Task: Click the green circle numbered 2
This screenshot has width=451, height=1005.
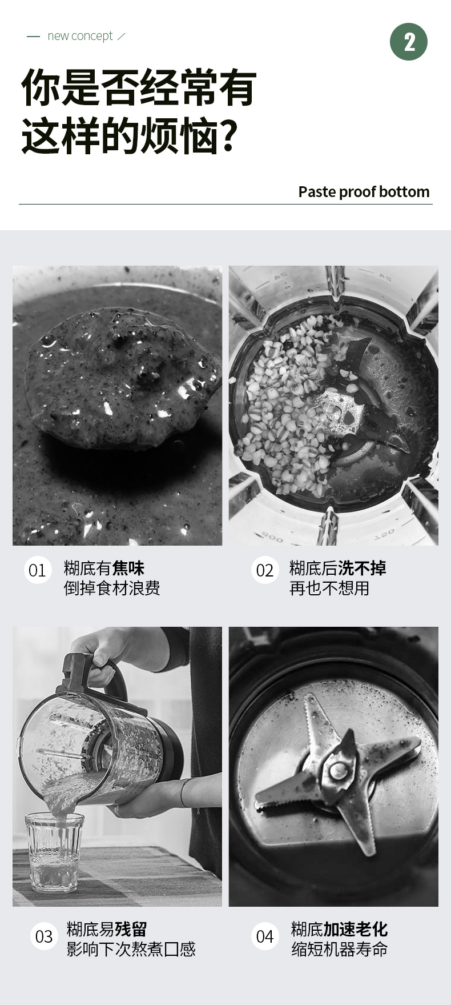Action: tap(409, 42)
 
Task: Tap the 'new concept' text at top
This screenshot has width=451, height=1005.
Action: tap(80, 36)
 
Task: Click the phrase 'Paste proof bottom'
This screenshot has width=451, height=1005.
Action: tap(364, 192)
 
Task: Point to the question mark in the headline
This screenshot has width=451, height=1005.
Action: tap(228, 136)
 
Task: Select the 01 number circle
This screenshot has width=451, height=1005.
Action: tap(37, 570)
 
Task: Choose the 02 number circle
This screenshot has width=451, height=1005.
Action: tap(265, 570)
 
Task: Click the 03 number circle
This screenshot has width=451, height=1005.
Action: tap(44, 936)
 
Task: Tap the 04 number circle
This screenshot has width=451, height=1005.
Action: tap(265, 936)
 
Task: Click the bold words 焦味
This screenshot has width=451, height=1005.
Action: tap(128, 568)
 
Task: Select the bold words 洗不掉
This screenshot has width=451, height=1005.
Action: tap(362, 568)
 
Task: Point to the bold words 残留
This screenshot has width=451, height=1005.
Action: tap(131, 929)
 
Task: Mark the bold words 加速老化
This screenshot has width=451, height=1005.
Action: tap(356, 929)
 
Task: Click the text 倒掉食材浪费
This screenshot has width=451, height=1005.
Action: tap(112, 588)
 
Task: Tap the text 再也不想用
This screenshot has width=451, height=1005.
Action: tap(329, 588)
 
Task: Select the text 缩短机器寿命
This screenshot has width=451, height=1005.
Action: tap(340, 949)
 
